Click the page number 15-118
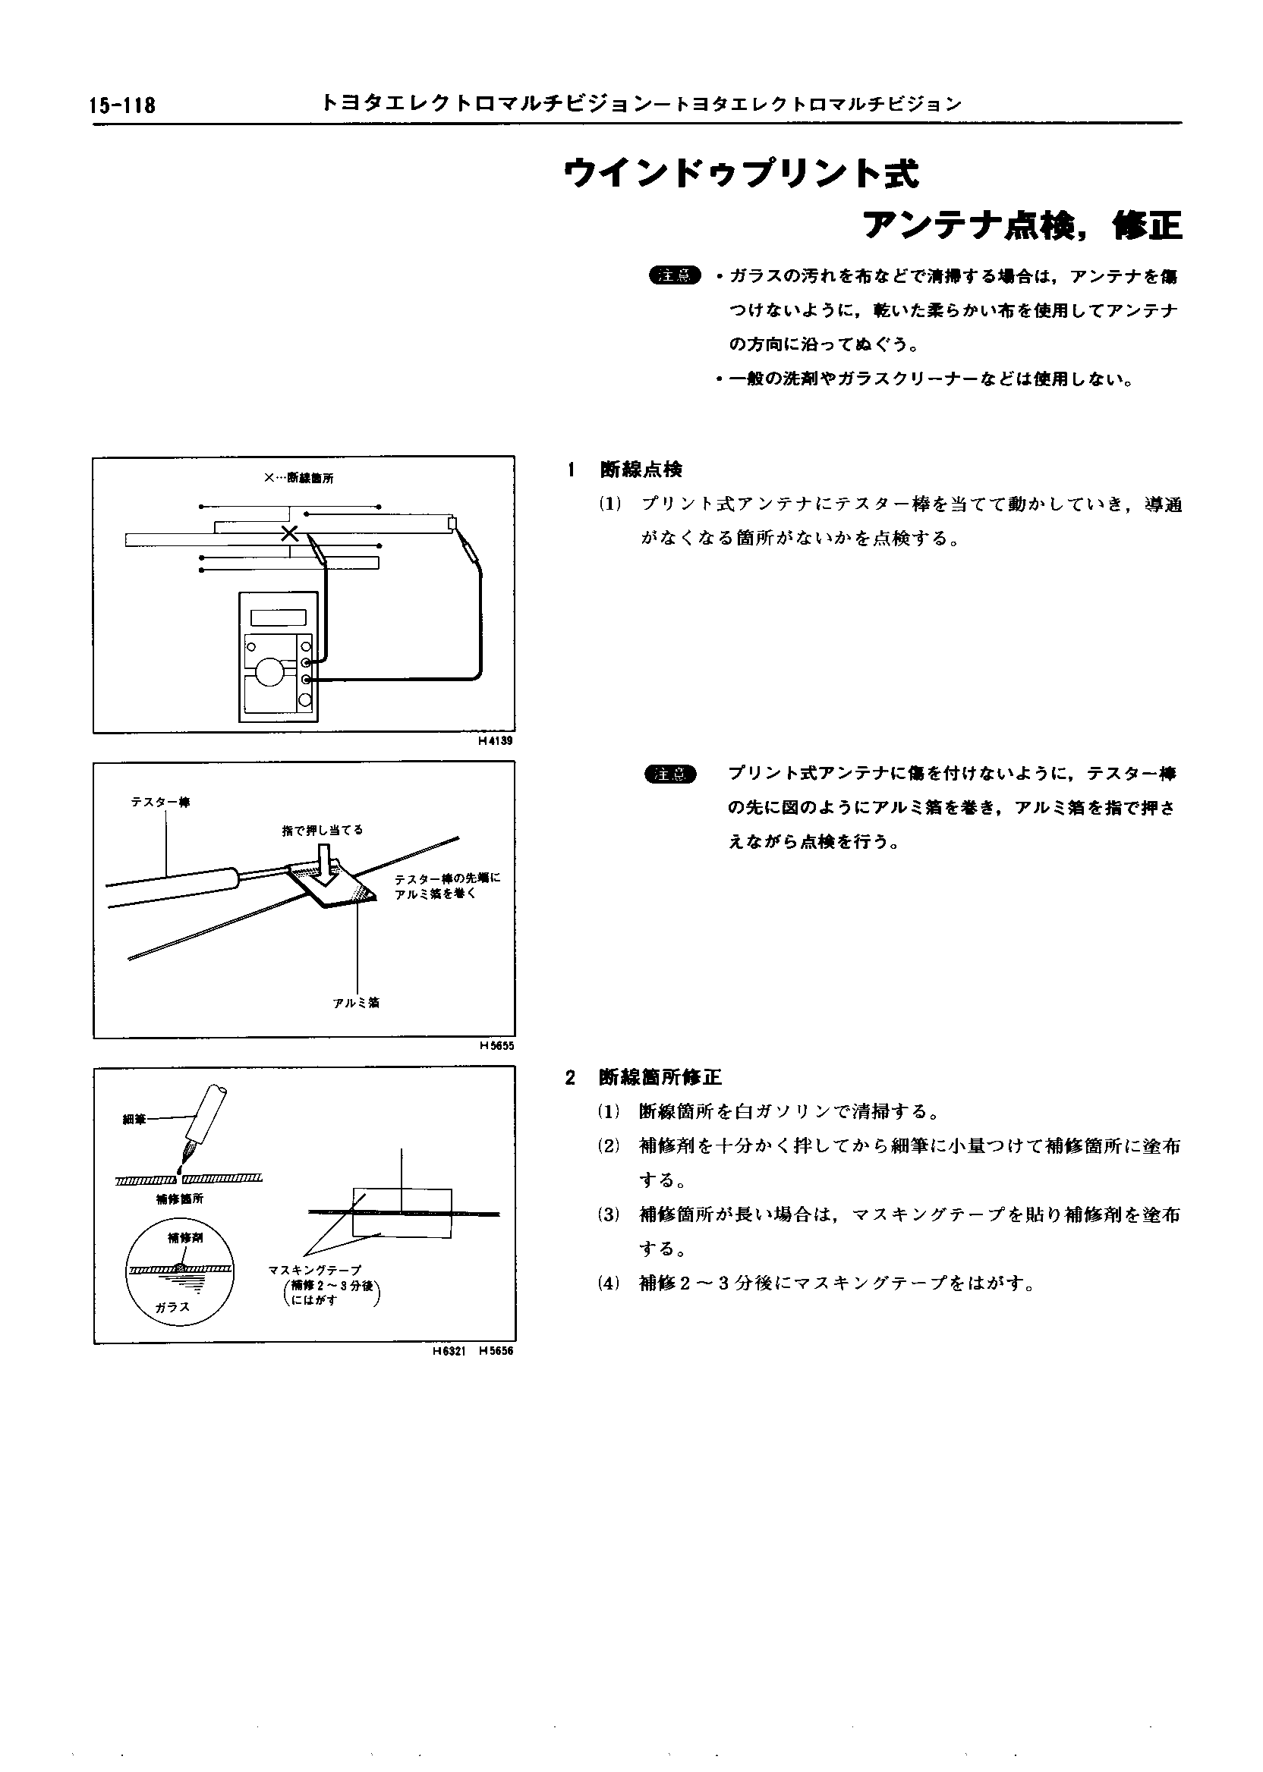coord(123,105)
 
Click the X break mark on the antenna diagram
coord(289,533)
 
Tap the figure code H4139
coord(496,740)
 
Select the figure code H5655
coord(496,1046)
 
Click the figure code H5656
coord(496,1351)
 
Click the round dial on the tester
coord(271,671)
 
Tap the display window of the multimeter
coord(278,618)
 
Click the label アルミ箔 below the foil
coord(356,1004)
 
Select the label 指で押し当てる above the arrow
coord(322,830)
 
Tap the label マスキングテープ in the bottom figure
coord(314,1270)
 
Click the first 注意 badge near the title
coord(674,275)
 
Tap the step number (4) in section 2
coord(608,1283)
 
